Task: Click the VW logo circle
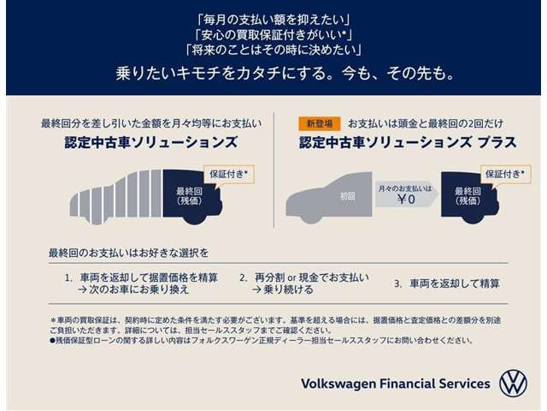click(x=513, y=384)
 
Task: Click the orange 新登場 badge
click(x=319, y=123)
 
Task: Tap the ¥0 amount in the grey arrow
click(x=407, y=200)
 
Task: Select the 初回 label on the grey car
click(x=348, y=196)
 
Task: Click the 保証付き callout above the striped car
click(x=229, y=174)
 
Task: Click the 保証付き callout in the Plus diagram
click(x=505, y=174)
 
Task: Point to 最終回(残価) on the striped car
click(x=190, y=196)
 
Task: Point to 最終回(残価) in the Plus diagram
click(x=468, y=196)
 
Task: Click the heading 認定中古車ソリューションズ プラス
click(x=408, y=143)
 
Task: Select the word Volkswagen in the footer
click(x=338, y=384)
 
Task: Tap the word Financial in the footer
click(x=407, y=384)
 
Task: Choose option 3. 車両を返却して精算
click(x=447, y=283)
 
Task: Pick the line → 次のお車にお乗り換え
click(x=133, y=289)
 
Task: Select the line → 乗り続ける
click(x=283, y=289)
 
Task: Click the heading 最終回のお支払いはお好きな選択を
click(x=128, y=253)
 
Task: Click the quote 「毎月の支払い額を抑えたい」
click(x=273, y=20)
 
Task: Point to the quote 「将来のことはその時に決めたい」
click(x=273, y=50)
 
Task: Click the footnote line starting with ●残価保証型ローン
click(x=262, y=340)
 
